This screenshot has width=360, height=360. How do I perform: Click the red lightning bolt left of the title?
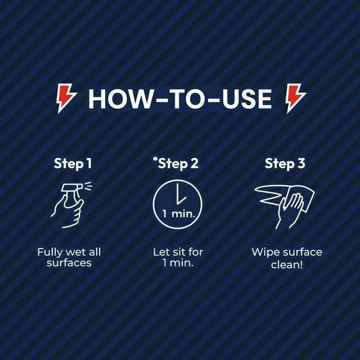point(66,98)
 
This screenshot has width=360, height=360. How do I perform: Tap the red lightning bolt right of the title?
point(295,98)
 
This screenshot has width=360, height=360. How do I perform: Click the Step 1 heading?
point(73,164)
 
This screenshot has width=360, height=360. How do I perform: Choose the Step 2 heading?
point(178,164)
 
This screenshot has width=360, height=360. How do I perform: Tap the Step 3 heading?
point(285,164)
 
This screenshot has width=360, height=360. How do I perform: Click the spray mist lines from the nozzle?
point(88,186)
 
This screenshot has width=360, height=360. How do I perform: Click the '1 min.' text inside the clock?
point(179,214)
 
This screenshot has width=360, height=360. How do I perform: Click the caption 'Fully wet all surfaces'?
point(69,258)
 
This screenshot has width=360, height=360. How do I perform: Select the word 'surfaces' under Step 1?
point(69,263)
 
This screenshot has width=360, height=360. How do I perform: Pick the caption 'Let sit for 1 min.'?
point(178,258)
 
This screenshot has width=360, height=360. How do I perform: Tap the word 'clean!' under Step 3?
point(287,265)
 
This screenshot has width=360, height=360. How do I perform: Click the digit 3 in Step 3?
point(301,163)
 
